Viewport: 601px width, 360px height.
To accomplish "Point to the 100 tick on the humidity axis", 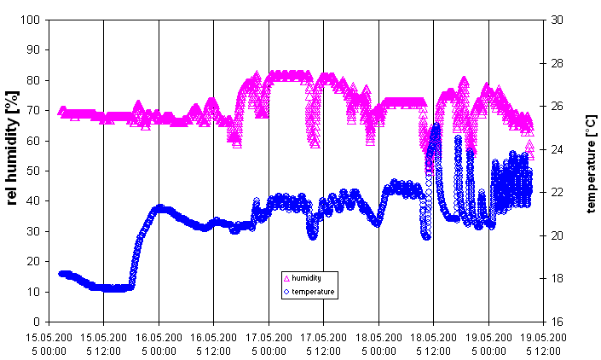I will coord(34,20).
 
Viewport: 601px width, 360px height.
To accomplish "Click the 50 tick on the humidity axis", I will coord(37,171).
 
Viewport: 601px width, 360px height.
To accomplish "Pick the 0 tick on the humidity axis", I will coord(39,322).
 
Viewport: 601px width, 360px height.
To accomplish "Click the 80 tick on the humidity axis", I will coord(37,80).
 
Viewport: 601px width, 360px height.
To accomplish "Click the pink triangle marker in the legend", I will coord(286,278).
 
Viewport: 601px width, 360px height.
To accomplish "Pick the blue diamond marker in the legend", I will coord(286,292).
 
